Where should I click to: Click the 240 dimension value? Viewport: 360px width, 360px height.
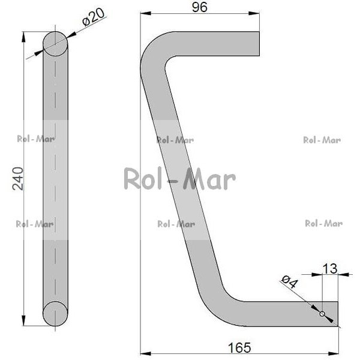18,179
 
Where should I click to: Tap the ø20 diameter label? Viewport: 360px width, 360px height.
94,17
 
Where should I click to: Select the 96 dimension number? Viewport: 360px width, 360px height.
200,7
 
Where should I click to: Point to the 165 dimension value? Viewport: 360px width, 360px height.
239,347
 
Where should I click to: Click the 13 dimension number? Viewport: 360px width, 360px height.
330,269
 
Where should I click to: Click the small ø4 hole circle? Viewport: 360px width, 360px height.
322,314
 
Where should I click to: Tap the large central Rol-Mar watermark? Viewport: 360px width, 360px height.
180,179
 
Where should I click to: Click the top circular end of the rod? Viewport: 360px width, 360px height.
55,44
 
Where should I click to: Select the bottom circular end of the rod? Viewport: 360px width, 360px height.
55,314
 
